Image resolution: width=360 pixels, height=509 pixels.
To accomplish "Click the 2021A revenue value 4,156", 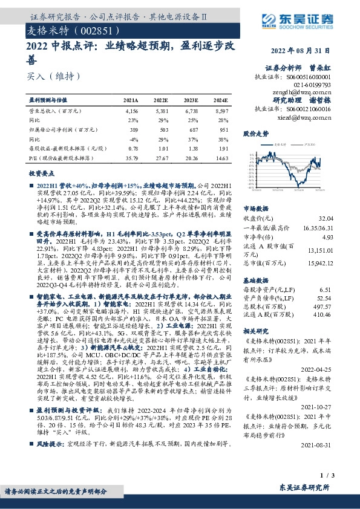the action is [x=131, y=112].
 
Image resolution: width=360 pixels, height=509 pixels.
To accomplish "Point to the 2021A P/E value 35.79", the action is [x=131, y=158].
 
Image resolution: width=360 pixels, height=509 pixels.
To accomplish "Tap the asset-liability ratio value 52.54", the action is [x=324, y=298].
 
